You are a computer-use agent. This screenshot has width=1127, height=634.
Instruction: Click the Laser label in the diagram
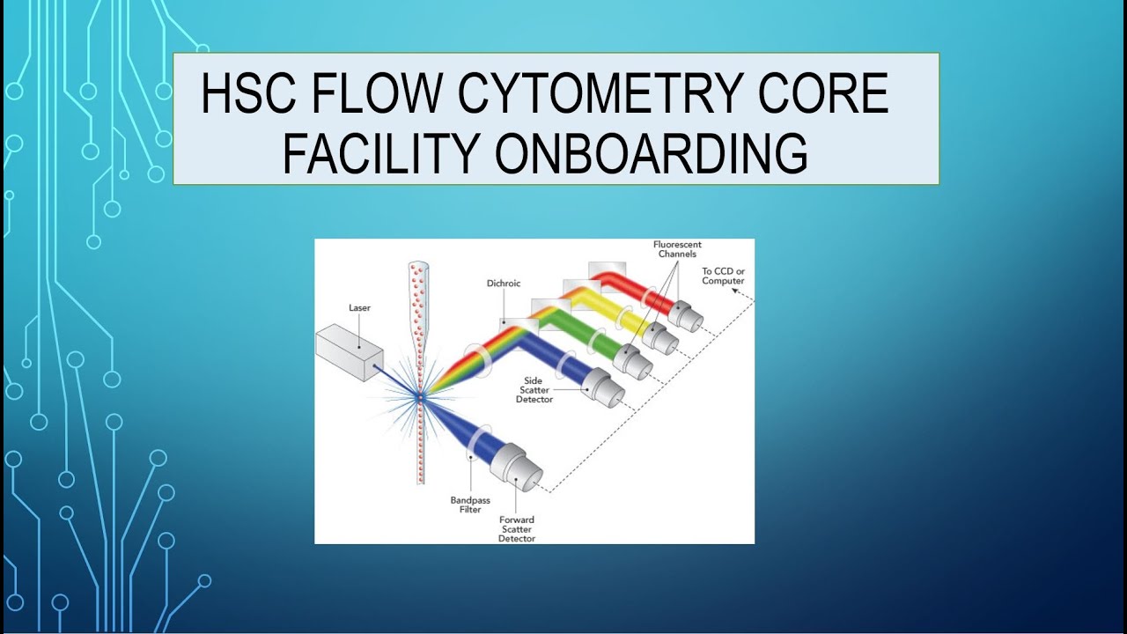[359, 308]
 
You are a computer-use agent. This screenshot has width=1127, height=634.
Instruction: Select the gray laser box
[349, 350]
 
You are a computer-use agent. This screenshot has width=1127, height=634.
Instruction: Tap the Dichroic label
[504, 284]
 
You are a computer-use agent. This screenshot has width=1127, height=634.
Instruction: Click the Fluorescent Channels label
[677, 249]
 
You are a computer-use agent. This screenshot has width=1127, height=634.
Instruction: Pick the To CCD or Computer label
[723, 276]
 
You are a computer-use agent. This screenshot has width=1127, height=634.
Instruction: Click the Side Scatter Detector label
[534, 390]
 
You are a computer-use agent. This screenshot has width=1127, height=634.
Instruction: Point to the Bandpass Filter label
[470, 505]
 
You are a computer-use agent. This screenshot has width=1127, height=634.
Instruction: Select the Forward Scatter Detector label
[516, 528]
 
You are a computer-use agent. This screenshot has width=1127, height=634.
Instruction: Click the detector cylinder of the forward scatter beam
[517, 466]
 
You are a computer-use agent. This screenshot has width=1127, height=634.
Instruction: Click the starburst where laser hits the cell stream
[421, 398]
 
